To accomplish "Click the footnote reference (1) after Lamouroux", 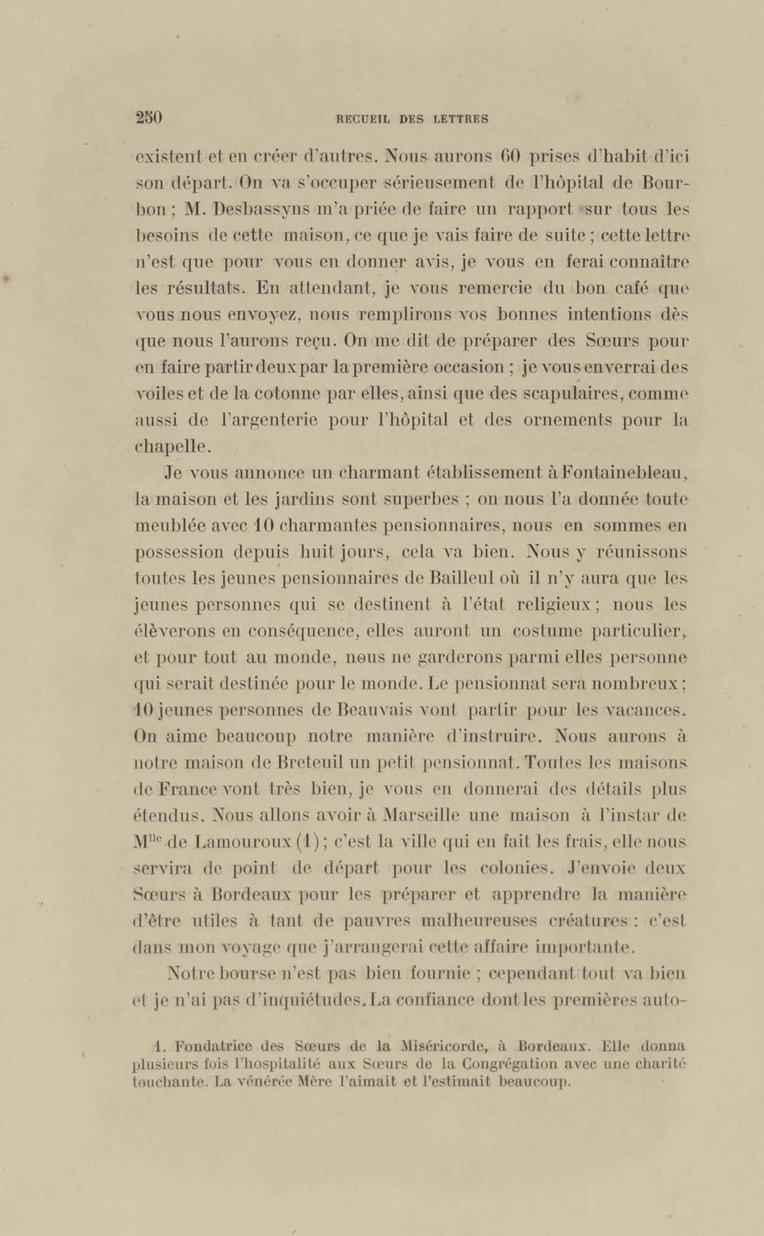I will pos(307,842).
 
